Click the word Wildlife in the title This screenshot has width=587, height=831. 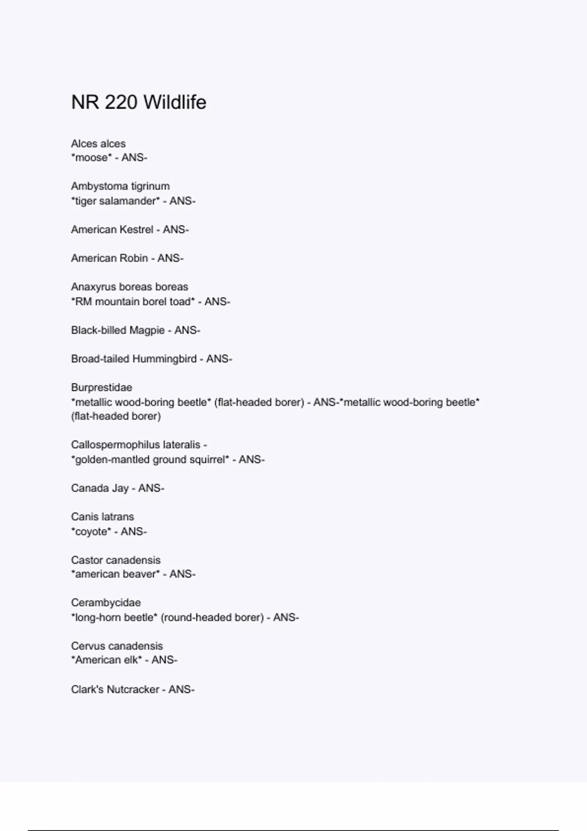(175, 102)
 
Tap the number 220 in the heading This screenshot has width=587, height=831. (121, 102)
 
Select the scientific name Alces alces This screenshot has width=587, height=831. (98, 144)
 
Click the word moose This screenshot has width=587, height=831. (91, 158)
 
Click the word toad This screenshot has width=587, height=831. (181, 302)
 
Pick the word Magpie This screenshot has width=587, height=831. (147, 330)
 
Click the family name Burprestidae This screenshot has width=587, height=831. (101, 388)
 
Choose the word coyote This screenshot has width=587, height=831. (91, 531)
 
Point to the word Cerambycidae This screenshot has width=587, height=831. (106, 603)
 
